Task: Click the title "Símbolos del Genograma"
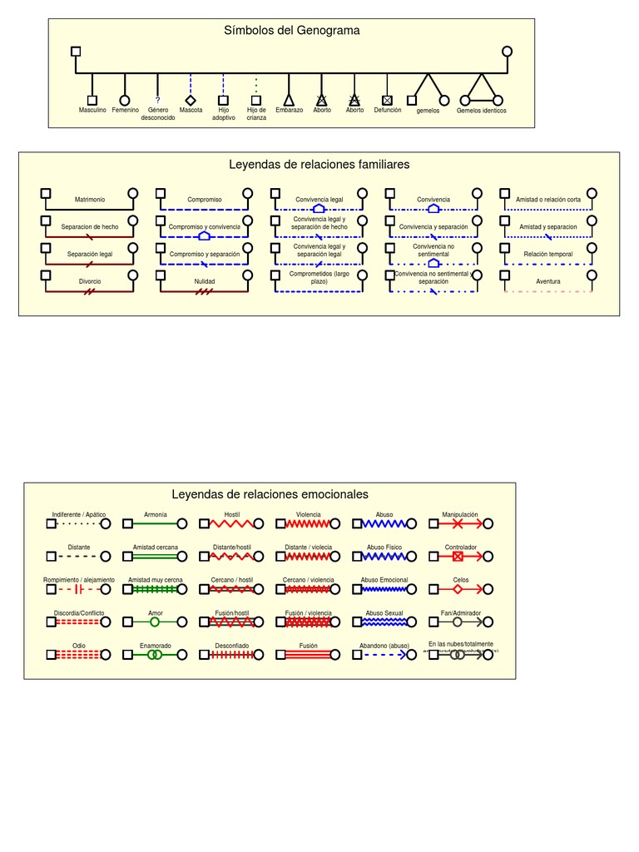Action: tap(291, 31)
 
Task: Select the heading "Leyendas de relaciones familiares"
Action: tap(319, 165)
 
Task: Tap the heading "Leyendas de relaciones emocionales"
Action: tap(270, 494)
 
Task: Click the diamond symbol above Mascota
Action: tap(191, 100)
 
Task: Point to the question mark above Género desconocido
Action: tap(157, 100)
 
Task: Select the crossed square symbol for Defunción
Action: tap(387, 100)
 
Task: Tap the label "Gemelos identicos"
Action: tap(481, 111)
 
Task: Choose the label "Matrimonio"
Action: tap(90, 200)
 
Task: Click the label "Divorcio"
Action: tap(90, 281)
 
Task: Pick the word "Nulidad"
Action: tap(205, 281)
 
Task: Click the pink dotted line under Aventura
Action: tap(548, 291)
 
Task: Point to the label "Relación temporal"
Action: tap(548, 254)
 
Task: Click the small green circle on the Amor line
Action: tap(155, 622)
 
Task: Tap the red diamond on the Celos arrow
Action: tap(458, 589)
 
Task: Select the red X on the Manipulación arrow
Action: tap(458, 523)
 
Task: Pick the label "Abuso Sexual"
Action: tap(384, 612)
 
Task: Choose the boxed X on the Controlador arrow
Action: tap(458, 556)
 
